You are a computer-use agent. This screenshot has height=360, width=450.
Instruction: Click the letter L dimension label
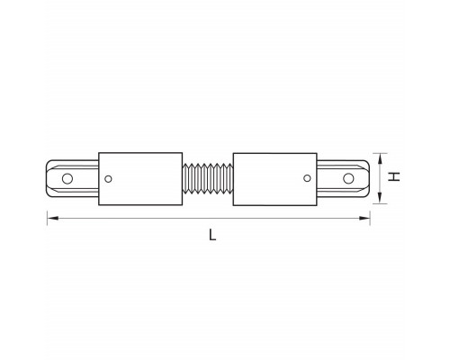(x=212, y=235)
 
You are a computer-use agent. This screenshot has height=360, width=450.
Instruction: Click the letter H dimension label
(x=394, y=176)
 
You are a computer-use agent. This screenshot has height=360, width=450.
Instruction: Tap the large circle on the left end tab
(x=67, y=178)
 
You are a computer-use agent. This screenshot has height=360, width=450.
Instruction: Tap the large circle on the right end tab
(x=348, y=178)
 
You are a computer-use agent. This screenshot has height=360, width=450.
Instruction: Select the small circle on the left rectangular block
(x=108, y=179)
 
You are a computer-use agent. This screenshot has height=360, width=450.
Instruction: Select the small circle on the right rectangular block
(x=307, y=178)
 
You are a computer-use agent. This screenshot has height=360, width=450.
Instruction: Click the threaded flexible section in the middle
(x=208, y=178)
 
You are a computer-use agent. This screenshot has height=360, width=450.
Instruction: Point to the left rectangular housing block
(x=140, y=179)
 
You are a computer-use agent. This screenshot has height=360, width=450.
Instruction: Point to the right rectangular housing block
(x=274, y=179)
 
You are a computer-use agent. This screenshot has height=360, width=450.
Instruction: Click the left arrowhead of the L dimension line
(x=51, y=218)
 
